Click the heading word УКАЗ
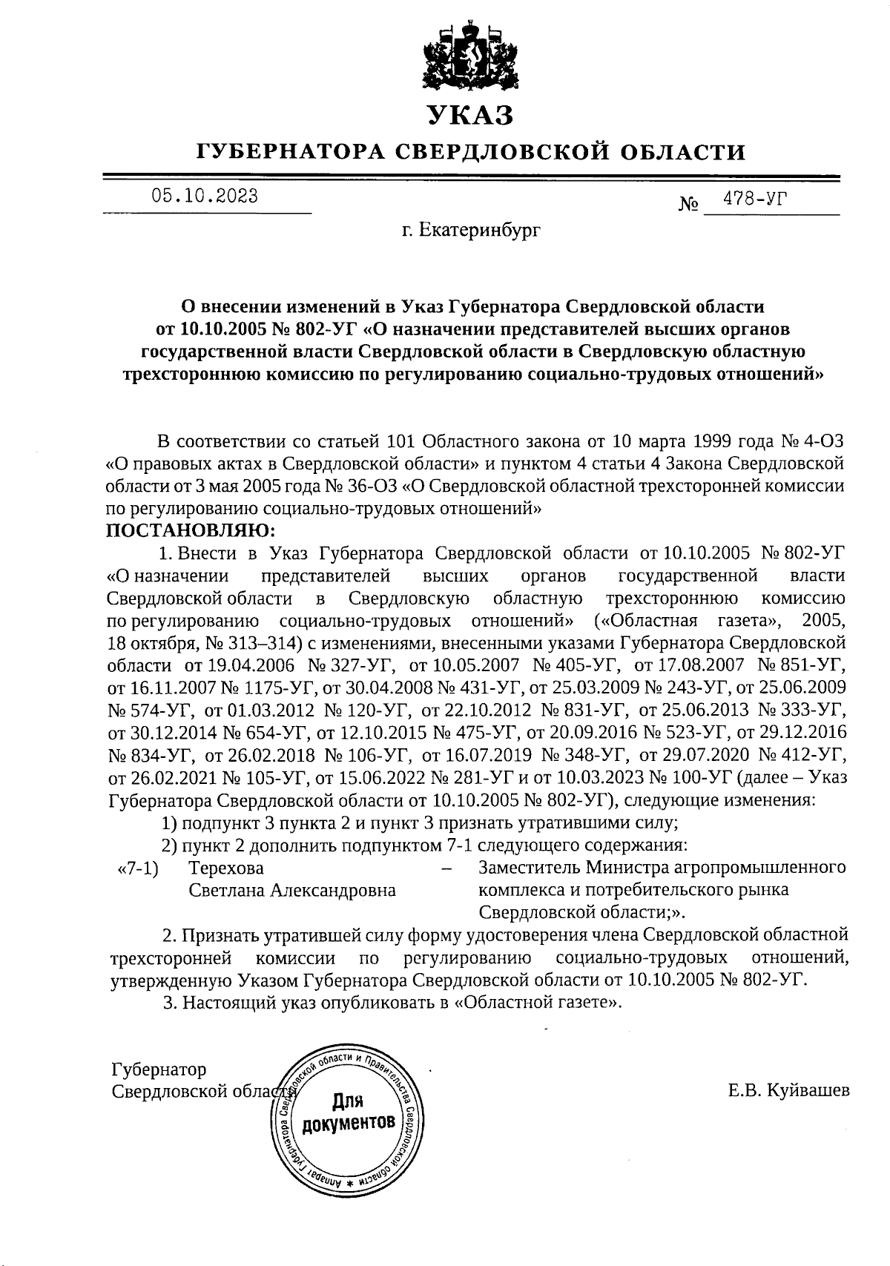point(470,116)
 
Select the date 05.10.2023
point(205,196)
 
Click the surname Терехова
point(226,868)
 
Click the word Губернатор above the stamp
point(159,1069)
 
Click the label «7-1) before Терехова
point(139,868)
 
